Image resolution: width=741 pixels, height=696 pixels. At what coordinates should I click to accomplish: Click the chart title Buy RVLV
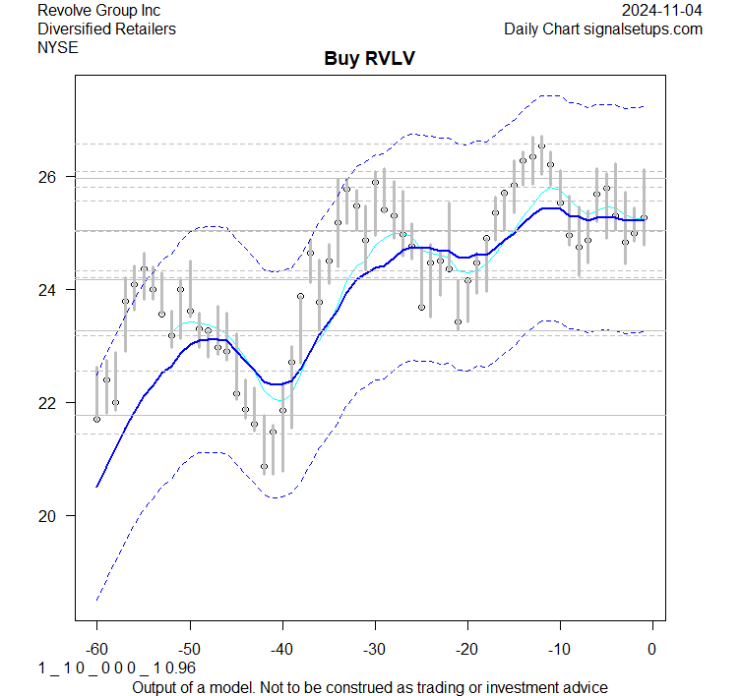coord(370,58)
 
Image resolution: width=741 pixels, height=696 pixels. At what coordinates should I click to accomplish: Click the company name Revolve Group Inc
coord(98,10)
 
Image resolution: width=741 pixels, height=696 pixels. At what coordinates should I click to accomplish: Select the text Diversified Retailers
coord(106,29)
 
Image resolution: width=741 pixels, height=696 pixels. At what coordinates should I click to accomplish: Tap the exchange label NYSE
coord(57,47)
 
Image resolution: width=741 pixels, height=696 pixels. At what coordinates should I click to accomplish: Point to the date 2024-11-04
coord(662,10)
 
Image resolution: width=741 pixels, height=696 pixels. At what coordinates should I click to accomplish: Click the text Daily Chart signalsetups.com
coord(603,29)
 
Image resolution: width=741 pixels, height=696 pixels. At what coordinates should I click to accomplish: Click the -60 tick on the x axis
coord(96,649)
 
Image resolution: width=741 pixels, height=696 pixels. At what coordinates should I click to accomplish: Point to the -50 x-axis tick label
coord(189,649)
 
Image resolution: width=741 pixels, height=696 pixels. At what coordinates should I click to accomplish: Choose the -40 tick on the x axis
coord(281,649)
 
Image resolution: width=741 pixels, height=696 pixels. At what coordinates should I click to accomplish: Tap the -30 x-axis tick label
coord(374,649)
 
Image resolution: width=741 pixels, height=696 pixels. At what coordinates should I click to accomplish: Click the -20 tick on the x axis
coord(466,649)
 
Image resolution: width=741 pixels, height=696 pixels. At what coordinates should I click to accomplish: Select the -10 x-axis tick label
coord(559,649)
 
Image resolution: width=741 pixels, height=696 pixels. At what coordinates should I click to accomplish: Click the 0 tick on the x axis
coord(651,649)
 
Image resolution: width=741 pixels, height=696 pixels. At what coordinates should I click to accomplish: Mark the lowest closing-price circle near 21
coord(264,466)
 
